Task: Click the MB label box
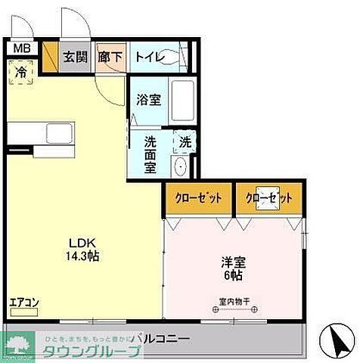[22, 49]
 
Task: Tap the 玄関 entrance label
[75, 56]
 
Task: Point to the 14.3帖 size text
[82, 256]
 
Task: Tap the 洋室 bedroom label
[233, 264]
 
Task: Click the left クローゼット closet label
[199, 198]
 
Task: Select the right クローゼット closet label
[268, 198]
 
